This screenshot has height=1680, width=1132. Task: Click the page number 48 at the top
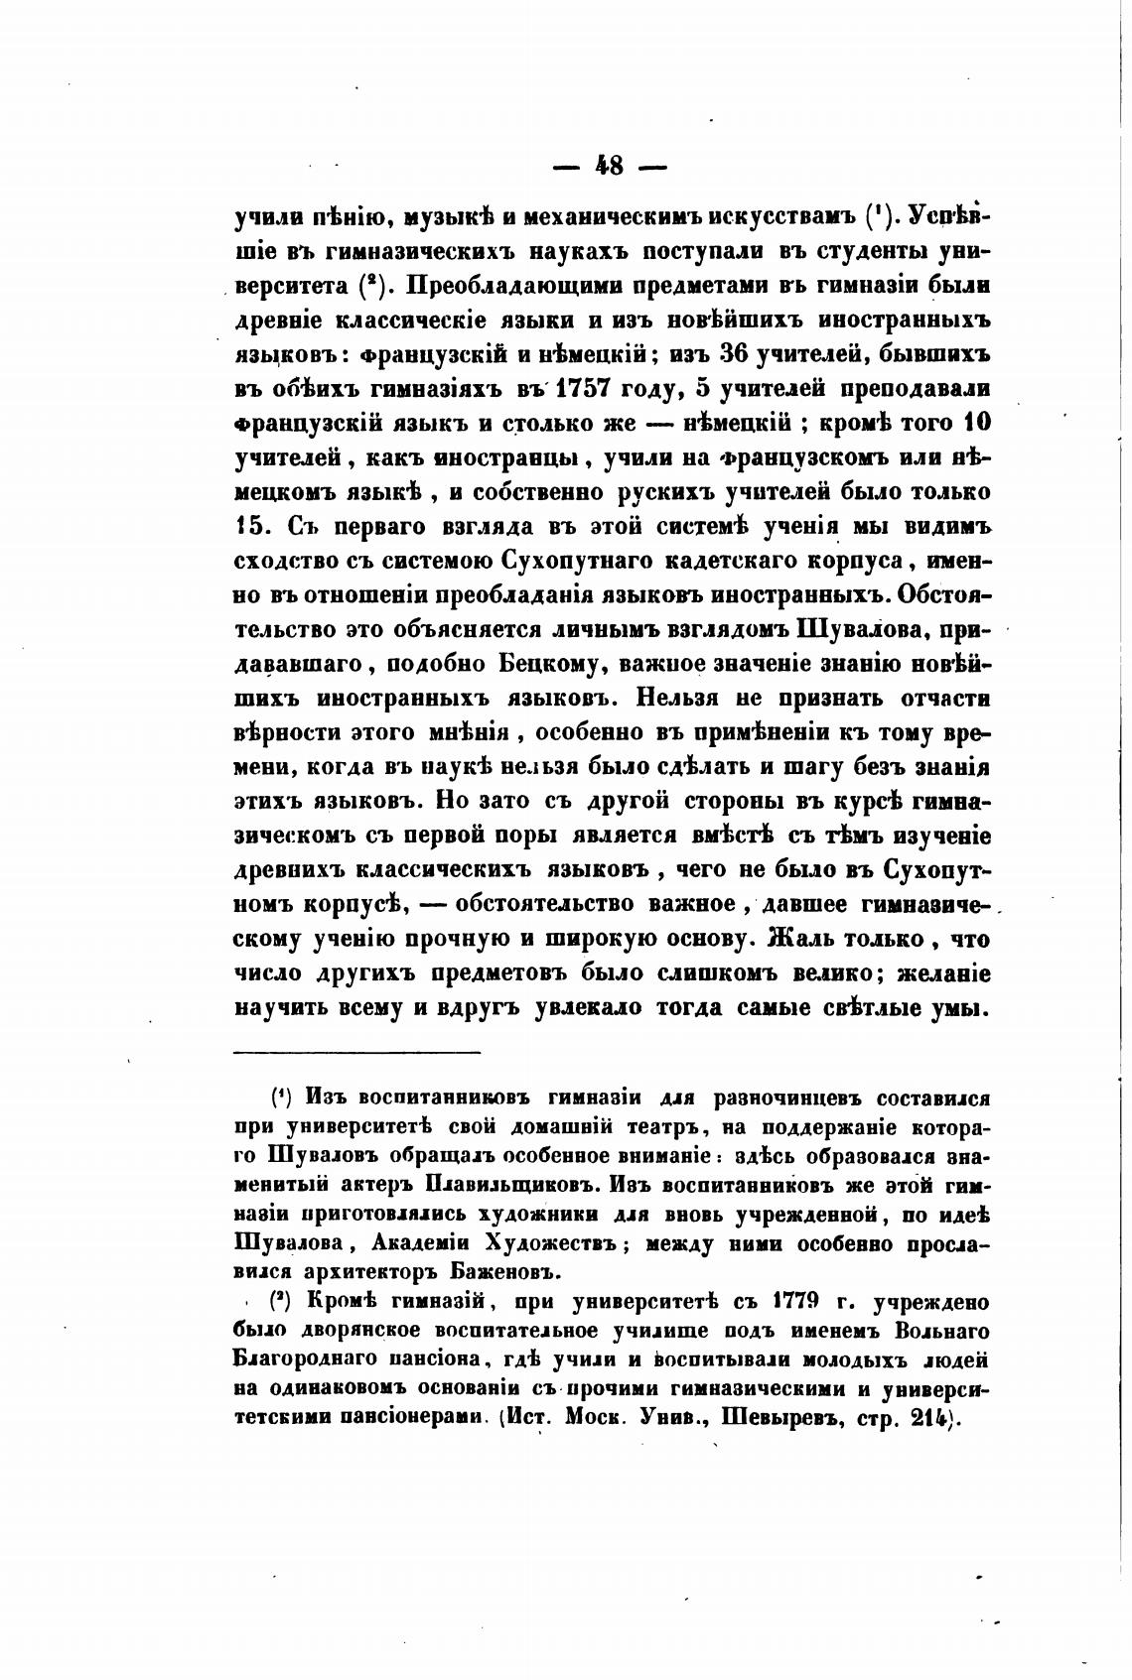[x=609, y=165]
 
